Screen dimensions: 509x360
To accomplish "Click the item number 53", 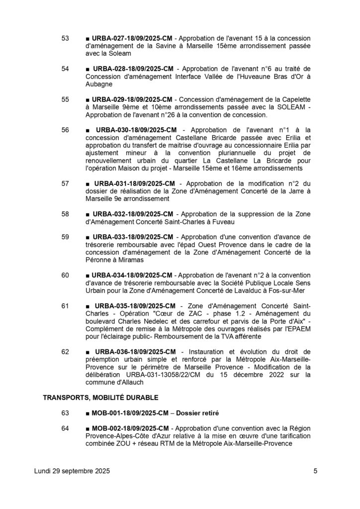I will coord(65,38).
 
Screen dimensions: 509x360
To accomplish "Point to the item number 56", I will coord(65,130).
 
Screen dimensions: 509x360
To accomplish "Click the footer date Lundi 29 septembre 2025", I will coord(72,471).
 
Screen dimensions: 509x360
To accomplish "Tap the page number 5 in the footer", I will coord(315,471).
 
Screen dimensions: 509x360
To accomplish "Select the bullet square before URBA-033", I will coord(88,237).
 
